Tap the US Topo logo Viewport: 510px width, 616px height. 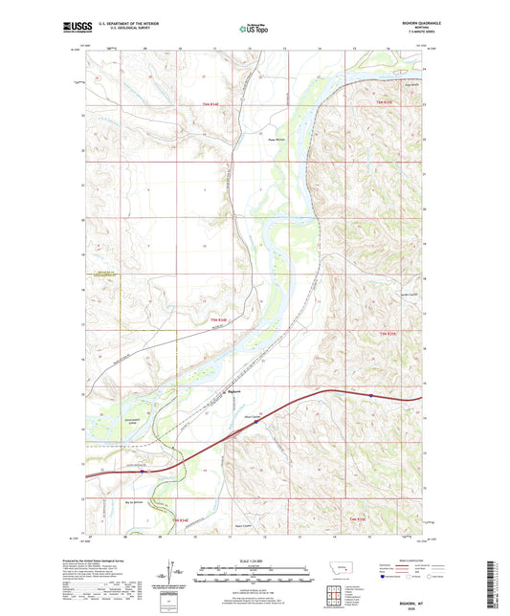pyautogui.click(x=254, y=30)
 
